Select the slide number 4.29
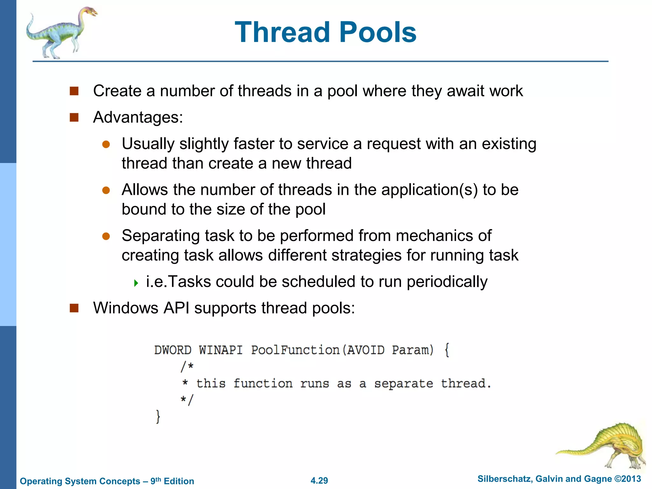(x=319, y=480)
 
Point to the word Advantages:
(x=138, y=117)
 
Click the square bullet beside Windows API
(x=74, y=308)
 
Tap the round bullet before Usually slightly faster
(x=106, y=145)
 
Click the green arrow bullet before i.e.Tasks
(x=136, y=283)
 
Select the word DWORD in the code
(x=173, y=350)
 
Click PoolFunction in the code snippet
(x=295, y=350)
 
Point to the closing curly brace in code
(x=158, y=416)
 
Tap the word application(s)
(x=429, y=190)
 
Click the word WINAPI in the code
(x=221, y=350)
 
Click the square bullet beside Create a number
(x=74, y=91)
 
